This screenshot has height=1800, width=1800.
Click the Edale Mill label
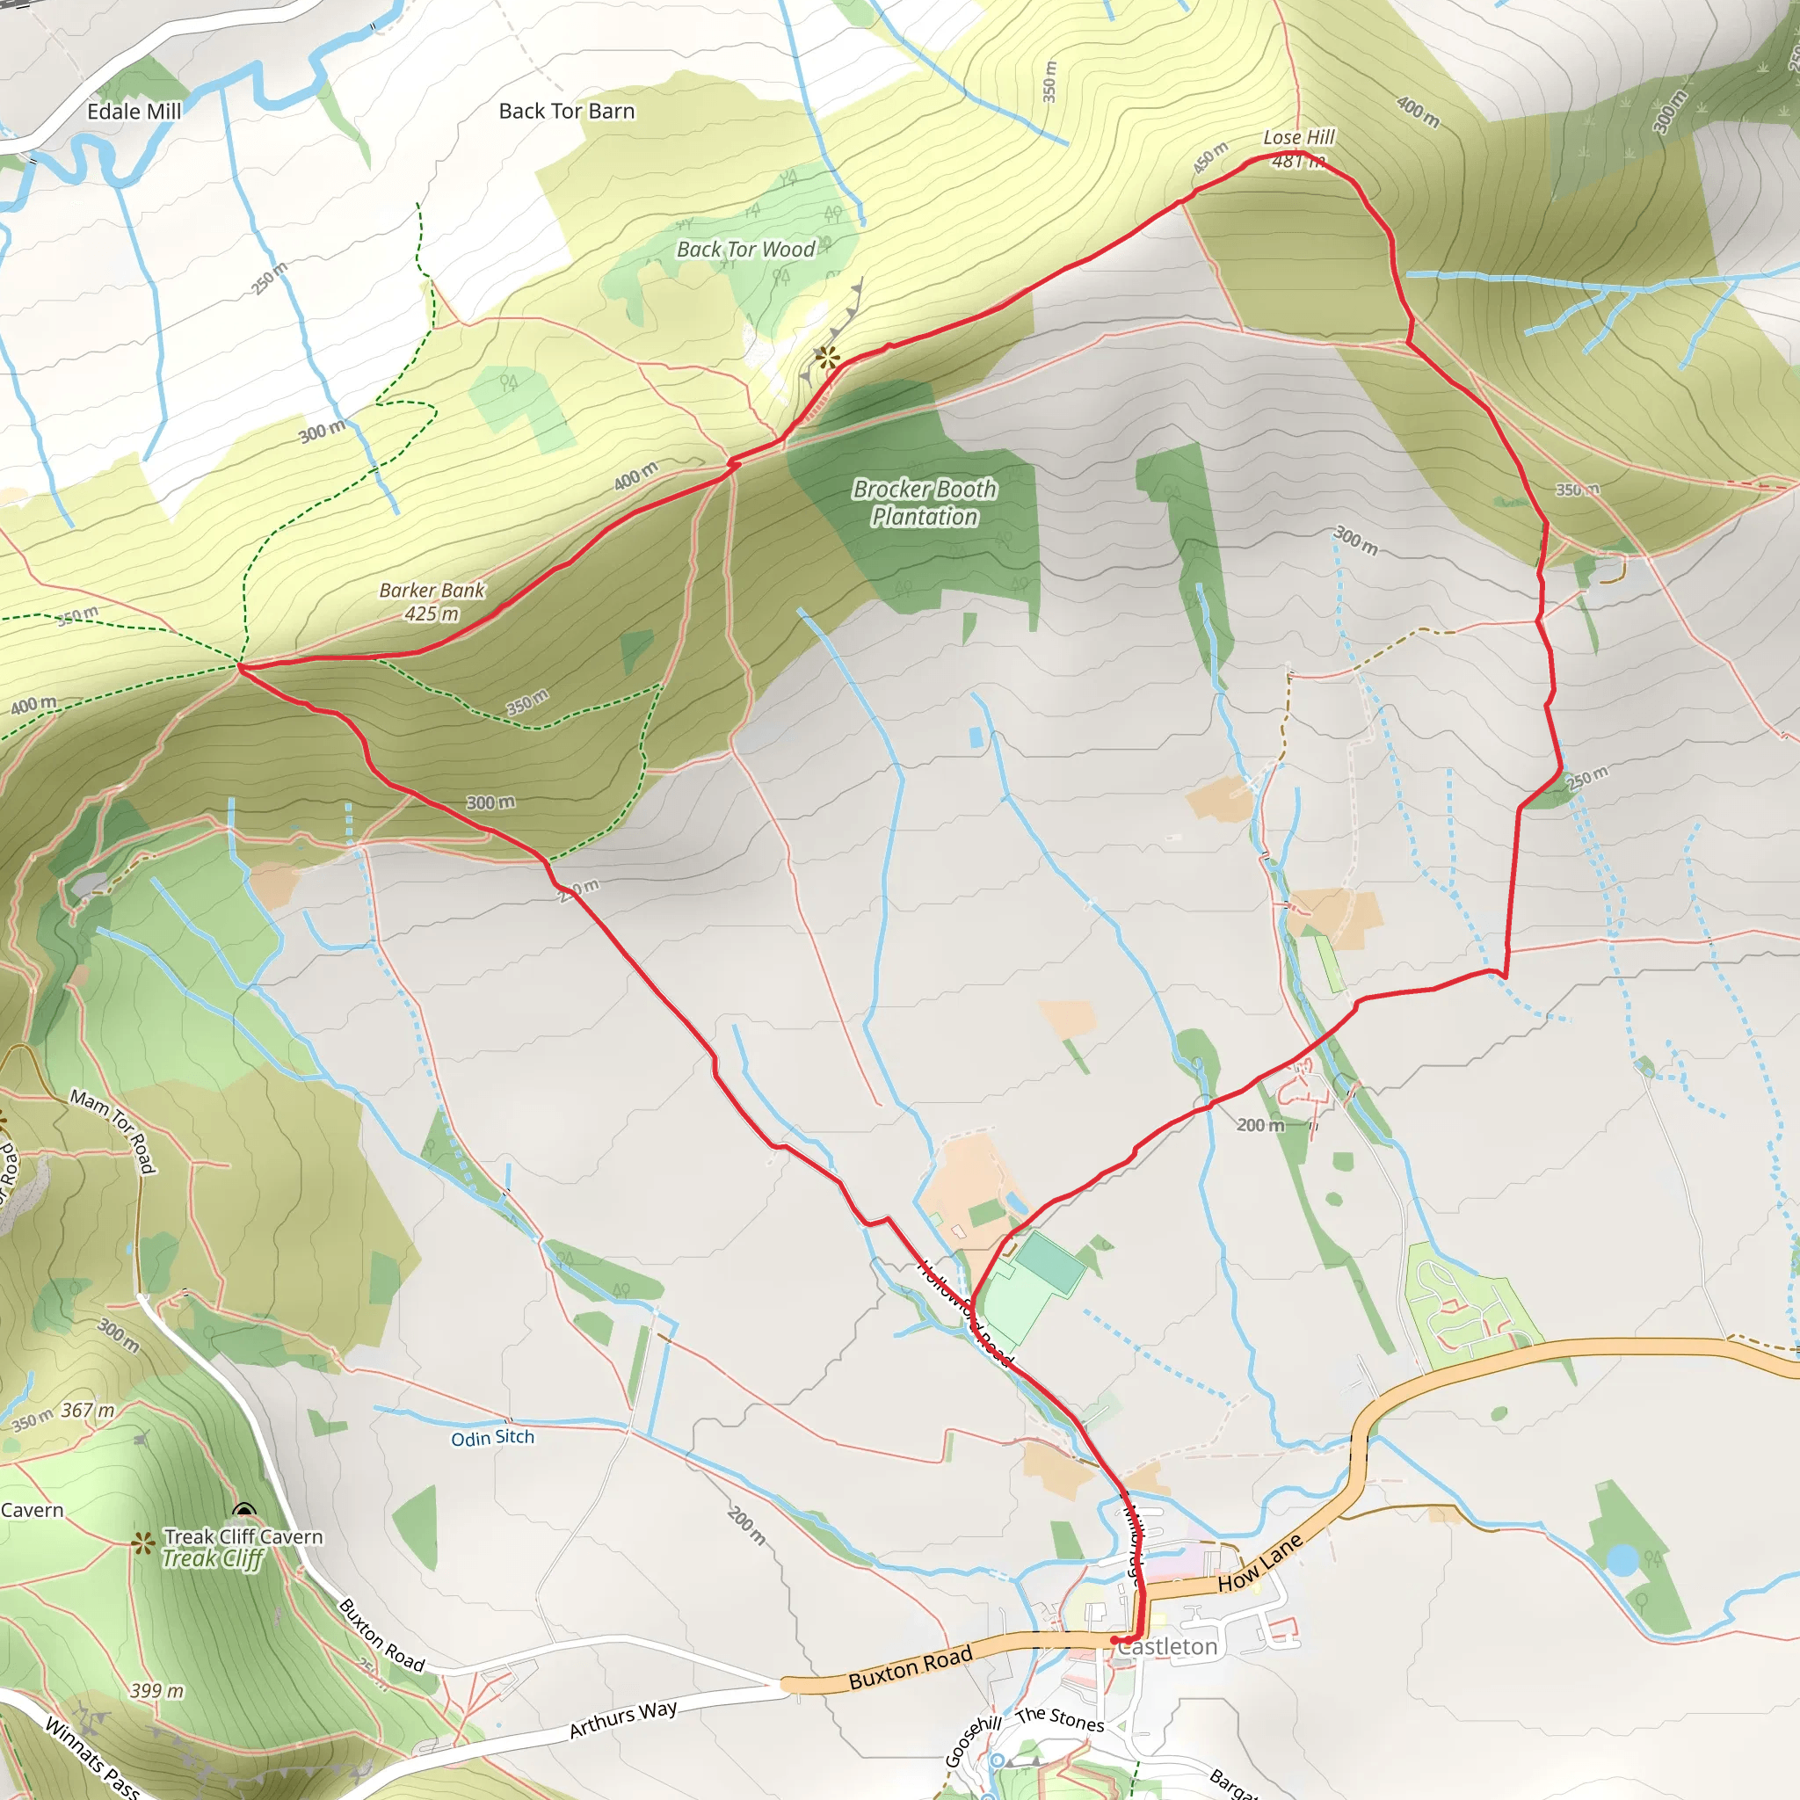(x=134, y=112)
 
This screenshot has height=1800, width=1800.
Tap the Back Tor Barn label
(x=567, y=112)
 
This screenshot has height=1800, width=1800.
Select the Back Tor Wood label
(x=745, y=250)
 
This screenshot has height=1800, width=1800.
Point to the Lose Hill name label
(x=1299, y=138)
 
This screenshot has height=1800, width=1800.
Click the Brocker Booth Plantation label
(x=925, y=503)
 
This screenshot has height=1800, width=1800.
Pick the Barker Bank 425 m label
(x=432, y=602)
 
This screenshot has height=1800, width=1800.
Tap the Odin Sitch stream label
(x=493, y=1438)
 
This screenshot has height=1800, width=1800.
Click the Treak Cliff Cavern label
(x=244, y=1536)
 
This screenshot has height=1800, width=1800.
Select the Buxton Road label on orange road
(x=911, y=1667)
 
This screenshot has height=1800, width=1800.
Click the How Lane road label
(x=1259, y=1564)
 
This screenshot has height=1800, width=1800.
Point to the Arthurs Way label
(x=623, y=1719)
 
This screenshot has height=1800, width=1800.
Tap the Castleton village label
(x=1167, y=1648)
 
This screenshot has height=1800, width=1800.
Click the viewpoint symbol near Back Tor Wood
(x=826, y=356)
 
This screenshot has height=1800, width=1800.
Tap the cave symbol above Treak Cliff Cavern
(x=244, y=1510)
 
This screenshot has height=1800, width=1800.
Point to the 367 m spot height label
(x=89, y=1411)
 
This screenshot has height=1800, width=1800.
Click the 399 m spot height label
(x=157, y=1690)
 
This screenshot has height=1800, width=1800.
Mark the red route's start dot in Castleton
(x=1114, y=1640)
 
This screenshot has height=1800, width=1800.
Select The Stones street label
(x=1060, y=1719)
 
